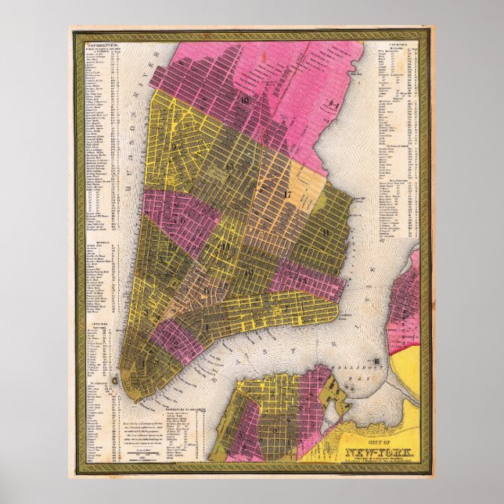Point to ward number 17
click(x=288, y=193)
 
